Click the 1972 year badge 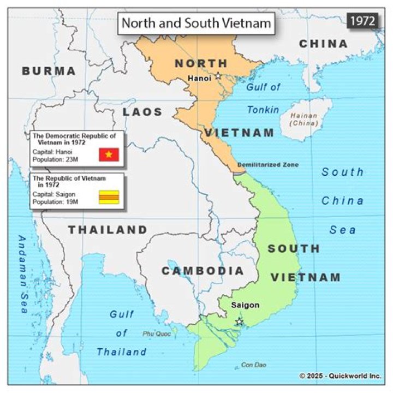point(362,21)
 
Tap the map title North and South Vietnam point(196,23)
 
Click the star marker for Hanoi point(218,76)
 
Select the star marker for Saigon point(239,321)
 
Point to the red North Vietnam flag point(109,154)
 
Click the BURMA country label point(49,71)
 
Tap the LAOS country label point(142,112)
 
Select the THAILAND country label point(108,230)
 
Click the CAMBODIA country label point(203,271)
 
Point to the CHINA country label point(323,44)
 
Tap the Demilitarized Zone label point(268,164)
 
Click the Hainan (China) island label point(304,119)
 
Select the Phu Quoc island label point(153,333)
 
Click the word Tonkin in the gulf point(263,110)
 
